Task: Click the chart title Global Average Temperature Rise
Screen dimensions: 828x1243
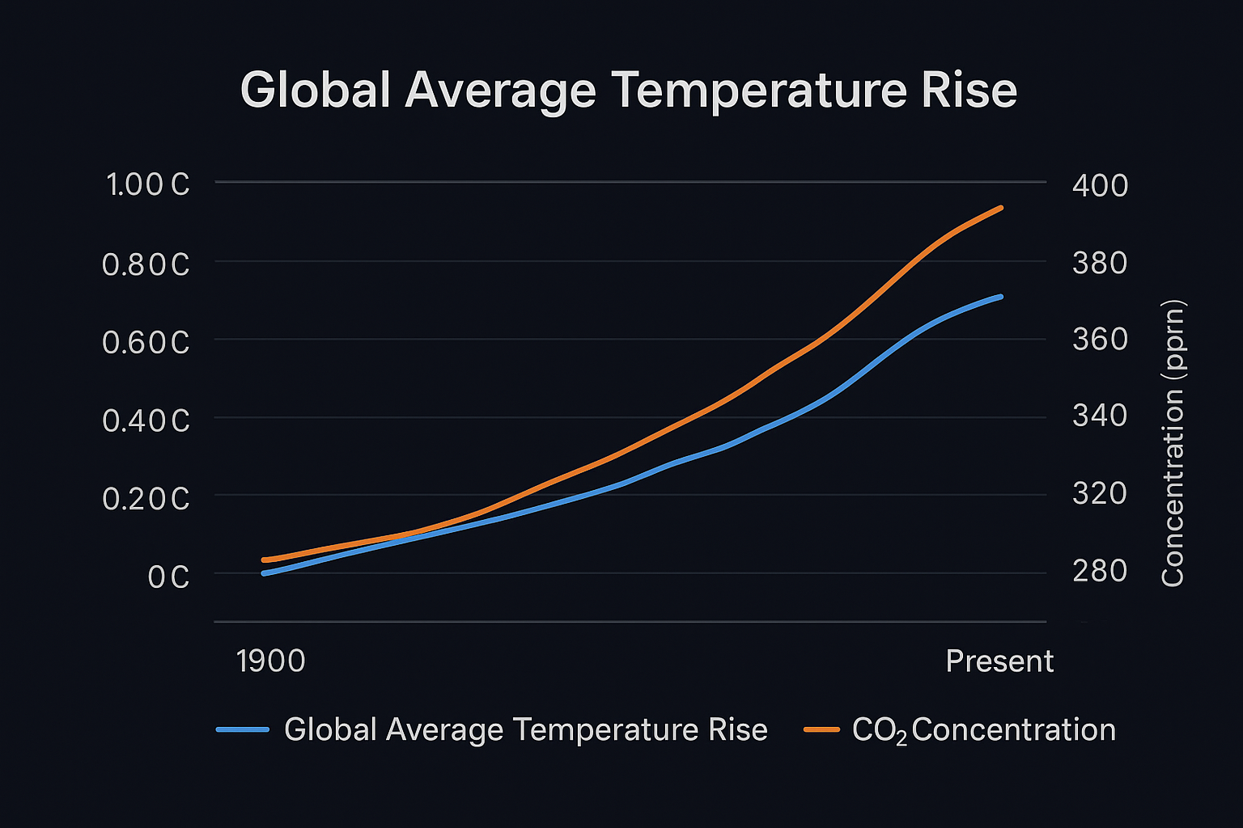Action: [x=628, y=90]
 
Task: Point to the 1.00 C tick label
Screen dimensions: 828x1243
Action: [x=147, y=185]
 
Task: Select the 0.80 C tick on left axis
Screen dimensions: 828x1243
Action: [x=146, y=264]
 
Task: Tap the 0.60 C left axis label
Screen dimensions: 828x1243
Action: [x=146, y=343]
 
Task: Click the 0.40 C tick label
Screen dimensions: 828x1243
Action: [x=146, y=420]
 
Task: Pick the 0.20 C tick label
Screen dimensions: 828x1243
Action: [x=146, y=499]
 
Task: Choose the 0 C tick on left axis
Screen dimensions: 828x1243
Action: [x=168, y=577]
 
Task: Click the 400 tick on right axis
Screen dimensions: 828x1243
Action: [x=1100, y=186]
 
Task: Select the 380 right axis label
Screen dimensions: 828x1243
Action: [x=1100, y=263]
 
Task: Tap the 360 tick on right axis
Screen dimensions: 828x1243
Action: [x=1100, y=339]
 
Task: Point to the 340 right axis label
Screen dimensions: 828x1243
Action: [x=1100, y=416]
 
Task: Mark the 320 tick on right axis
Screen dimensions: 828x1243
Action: [x=1100, y=492]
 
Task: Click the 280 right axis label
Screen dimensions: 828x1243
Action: [x=1100, y=571]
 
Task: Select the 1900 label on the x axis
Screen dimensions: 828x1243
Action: [x=270, y=661]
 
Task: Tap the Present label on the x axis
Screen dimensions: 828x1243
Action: [x=999, y=661]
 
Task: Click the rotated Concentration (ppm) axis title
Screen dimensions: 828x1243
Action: [x=1173, y=443]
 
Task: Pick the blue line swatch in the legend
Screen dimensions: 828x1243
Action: [x=243, y=729]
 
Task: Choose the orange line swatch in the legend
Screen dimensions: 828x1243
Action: [x=821, y=729]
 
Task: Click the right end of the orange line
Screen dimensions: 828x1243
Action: [x=1001, y=208]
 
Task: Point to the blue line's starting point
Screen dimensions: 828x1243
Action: [x=264, y=572]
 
